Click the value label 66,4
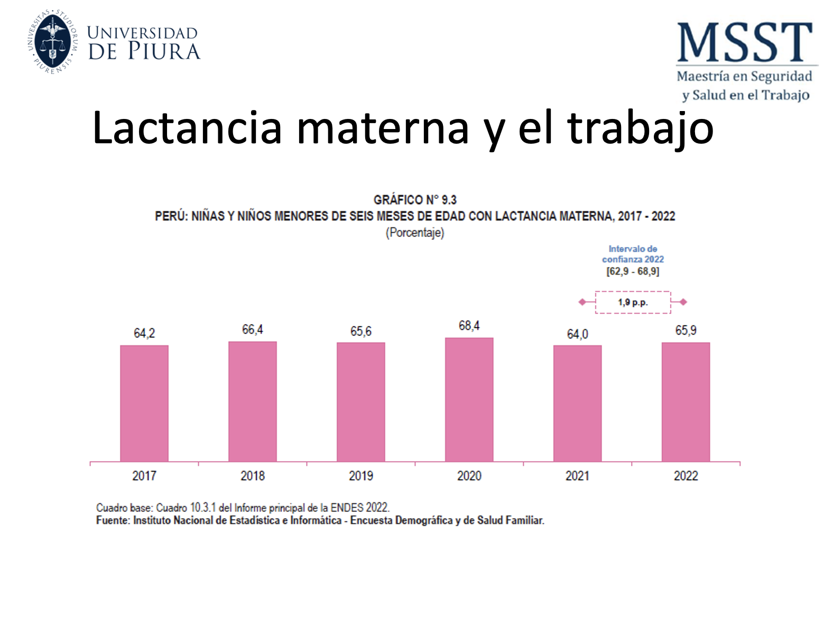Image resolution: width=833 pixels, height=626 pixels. [253, 329]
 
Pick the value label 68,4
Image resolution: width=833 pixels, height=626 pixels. [469, 326]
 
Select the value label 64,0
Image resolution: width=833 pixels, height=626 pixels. [577, 334]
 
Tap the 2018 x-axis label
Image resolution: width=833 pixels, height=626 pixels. [253, 476]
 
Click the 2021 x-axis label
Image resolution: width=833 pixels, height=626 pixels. [577, 476]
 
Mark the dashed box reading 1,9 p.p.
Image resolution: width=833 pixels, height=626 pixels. [633, 302]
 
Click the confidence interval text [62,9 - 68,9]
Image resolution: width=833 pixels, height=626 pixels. [633, 271]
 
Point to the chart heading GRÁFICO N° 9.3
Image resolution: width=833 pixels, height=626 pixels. [415, 200]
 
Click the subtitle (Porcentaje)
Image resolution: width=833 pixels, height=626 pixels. [415, 233]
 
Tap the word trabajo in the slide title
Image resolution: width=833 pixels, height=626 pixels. [640, 128]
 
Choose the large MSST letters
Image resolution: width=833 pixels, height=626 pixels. [745, 42]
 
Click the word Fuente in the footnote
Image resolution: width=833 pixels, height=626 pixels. [112, 521]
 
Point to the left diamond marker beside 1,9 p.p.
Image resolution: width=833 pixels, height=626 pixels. [582, 302]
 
